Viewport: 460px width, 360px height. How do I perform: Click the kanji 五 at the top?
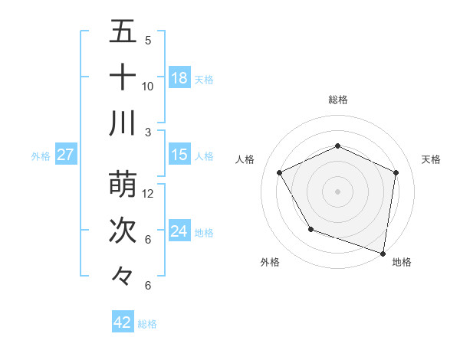[x=123, y=32]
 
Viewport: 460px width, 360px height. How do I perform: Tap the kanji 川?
[x=123, y=123]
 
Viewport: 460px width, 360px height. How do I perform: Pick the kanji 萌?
[x=123, y=185]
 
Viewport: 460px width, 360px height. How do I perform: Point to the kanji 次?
[x=123, y=231]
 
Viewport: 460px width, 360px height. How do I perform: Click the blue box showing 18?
[x=179, y=77]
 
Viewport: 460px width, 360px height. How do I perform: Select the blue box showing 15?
[x=179, y=155]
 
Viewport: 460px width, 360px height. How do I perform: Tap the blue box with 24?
[x=179, y=231]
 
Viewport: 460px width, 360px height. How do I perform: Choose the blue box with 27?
[x=66, y=155]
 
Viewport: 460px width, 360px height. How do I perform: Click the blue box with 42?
[x=123, y=322]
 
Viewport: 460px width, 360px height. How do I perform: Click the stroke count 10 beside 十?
[x=148, y=87]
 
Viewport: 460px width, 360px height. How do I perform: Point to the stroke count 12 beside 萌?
[x=148, y=194]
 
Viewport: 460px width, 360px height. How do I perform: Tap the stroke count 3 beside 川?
[x=148, y=132]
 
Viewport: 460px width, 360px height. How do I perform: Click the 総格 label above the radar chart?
[x=338, y=100]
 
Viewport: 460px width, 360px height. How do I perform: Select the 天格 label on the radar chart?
[x=432, y=159]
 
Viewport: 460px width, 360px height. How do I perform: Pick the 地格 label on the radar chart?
[x=402, y=262]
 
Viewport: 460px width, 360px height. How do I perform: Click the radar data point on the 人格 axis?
[x=280, y=172]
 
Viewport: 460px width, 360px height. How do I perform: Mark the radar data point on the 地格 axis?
[x=383, y=252]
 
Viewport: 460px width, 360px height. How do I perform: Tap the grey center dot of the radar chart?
[x=337, y=191]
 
